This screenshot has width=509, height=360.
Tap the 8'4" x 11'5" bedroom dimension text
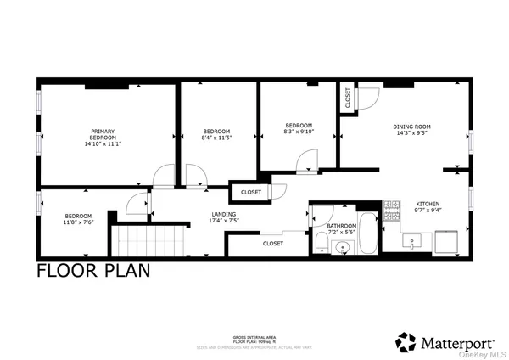click(217, 137)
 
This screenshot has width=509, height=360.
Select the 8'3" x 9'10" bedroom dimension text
click(299, 131)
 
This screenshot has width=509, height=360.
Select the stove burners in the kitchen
click(392, 211)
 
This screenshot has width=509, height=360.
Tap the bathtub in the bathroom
click(369, 237)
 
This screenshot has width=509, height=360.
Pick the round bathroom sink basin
click(343, 248)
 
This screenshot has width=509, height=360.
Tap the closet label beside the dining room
click(348, 98)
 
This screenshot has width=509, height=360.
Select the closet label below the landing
click(272, 244)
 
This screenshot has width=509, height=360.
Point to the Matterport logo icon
click(406, 342)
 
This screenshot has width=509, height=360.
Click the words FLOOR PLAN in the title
click(93, 271)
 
